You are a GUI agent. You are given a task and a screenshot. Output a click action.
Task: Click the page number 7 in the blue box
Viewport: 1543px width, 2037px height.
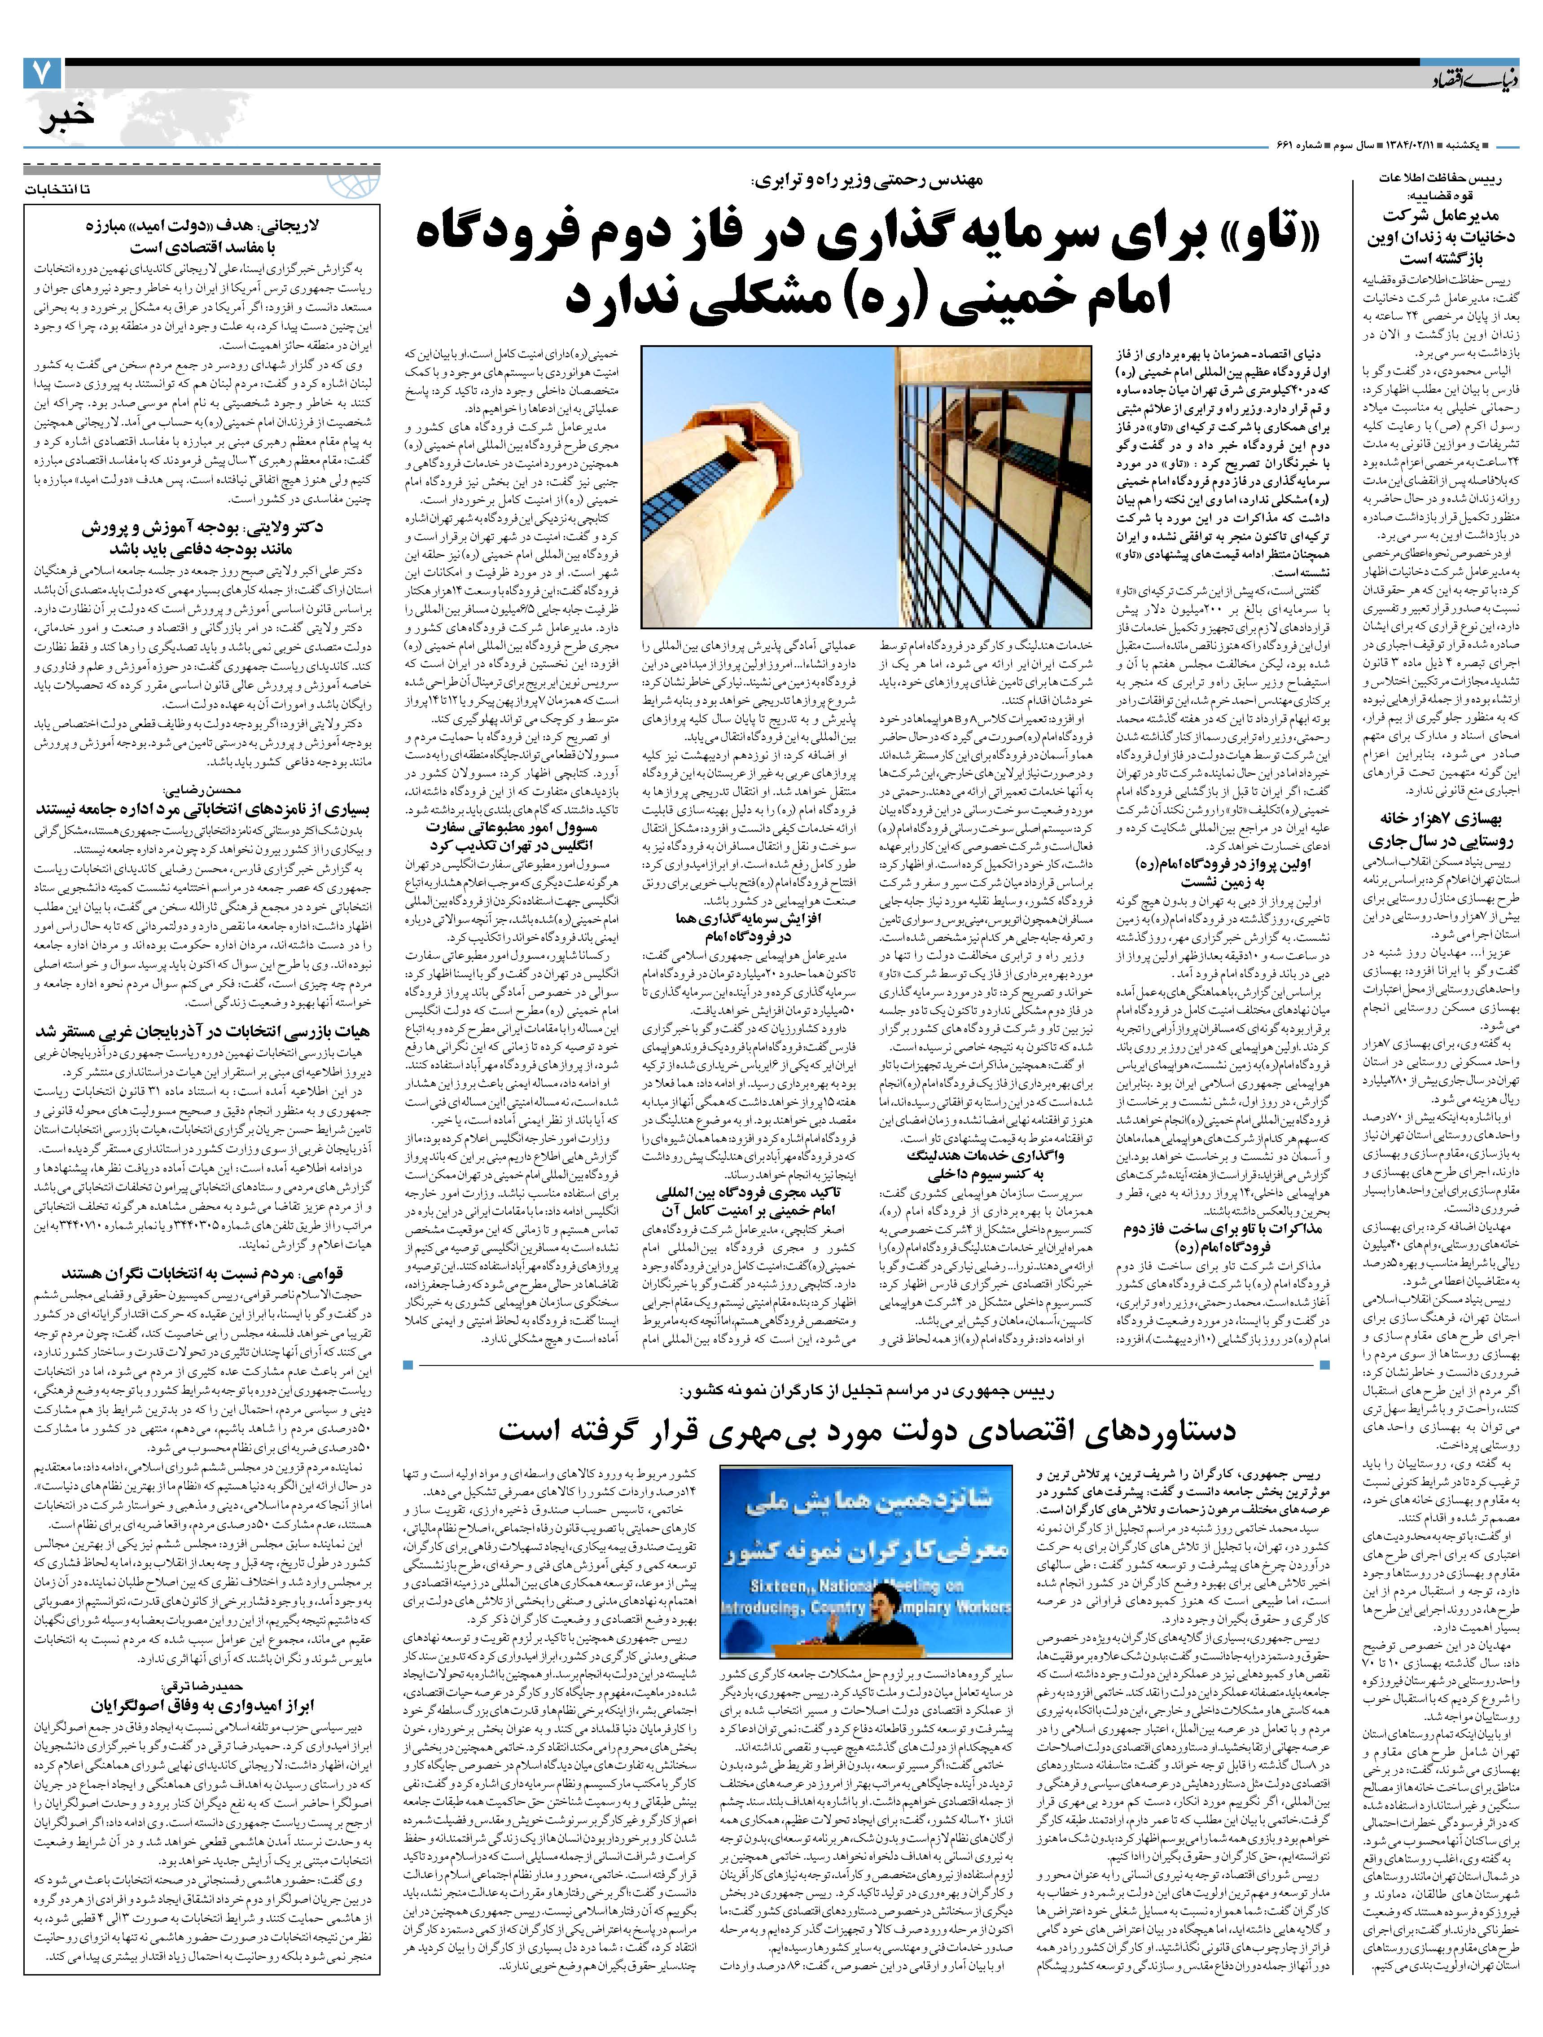41,73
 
